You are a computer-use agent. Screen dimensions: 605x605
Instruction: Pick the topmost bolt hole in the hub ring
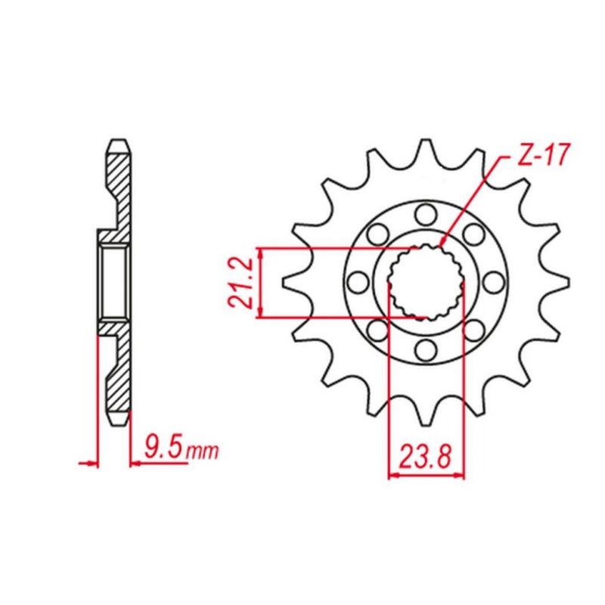click(x=425, y=214)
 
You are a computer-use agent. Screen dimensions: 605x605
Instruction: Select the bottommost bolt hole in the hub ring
click(x=425, y=349)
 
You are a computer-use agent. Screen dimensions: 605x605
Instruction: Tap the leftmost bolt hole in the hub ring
click(x=358, y=282)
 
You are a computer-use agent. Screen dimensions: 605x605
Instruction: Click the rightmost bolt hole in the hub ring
click(x=493, y=282)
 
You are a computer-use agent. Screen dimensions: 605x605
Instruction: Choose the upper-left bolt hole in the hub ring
click(x=377, y=234)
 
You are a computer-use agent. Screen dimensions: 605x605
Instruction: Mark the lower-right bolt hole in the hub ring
click(x=473, y=330)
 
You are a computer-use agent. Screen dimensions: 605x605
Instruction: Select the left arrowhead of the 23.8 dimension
click(x=392, y=476)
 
